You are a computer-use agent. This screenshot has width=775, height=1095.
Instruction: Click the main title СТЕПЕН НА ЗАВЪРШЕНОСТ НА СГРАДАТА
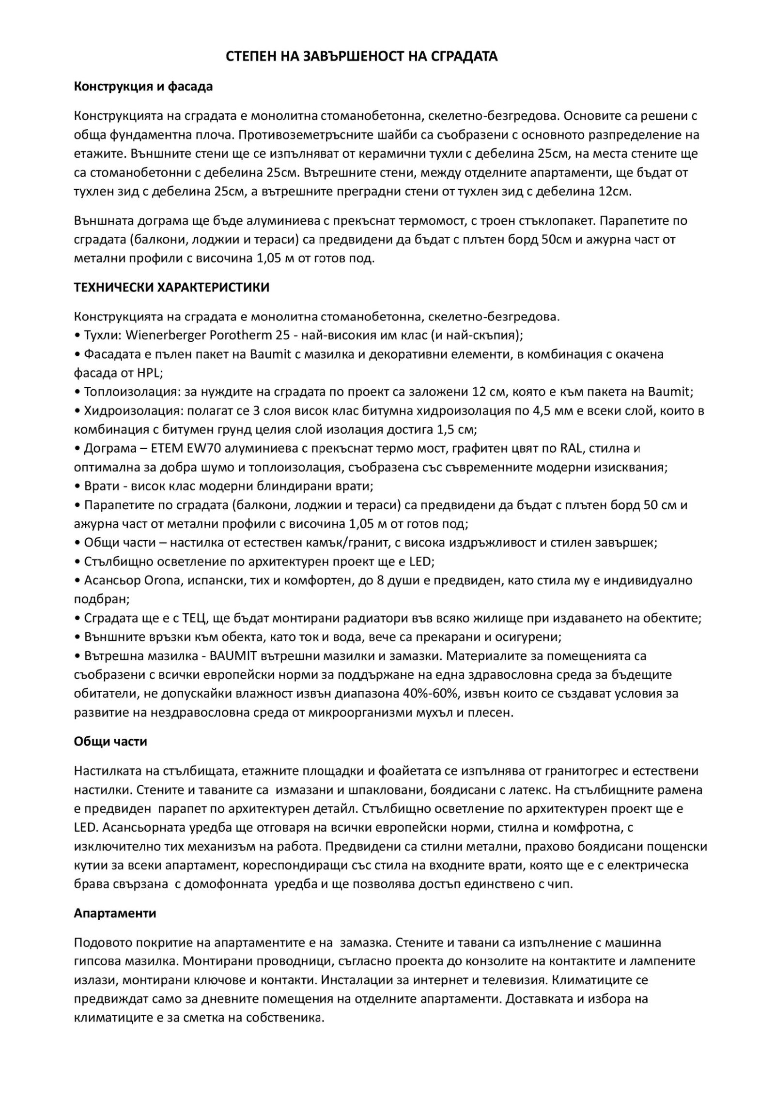pos(362,57)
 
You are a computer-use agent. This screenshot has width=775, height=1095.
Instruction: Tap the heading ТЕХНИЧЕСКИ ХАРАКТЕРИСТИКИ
pos(171,288)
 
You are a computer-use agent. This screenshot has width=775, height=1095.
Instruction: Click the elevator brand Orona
pos(162,580)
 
